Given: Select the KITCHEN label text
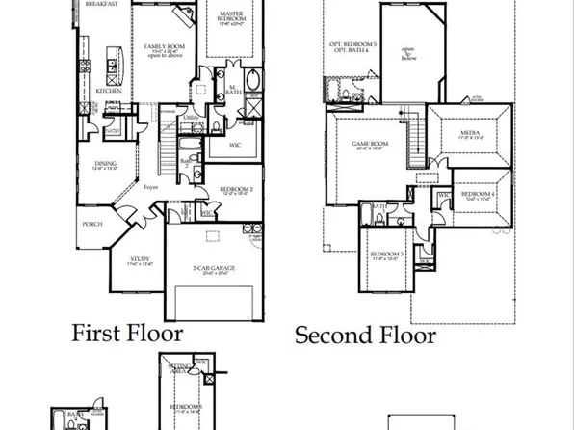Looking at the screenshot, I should click(107, 91).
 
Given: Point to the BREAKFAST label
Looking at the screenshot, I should click(101, 4).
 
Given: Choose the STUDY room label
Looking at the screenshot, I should click(140, 258).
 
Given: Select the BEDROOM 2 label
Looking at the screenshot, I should click(236, 188).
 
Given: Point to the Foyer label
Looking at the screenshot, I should click(151, 189).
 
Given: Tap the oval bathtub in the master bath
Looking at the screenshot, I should click(252, 80).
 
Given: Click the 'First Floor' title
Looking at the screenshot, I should click(128, 335).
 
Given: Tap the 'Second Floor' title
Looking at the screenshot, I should click(365, 336).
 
